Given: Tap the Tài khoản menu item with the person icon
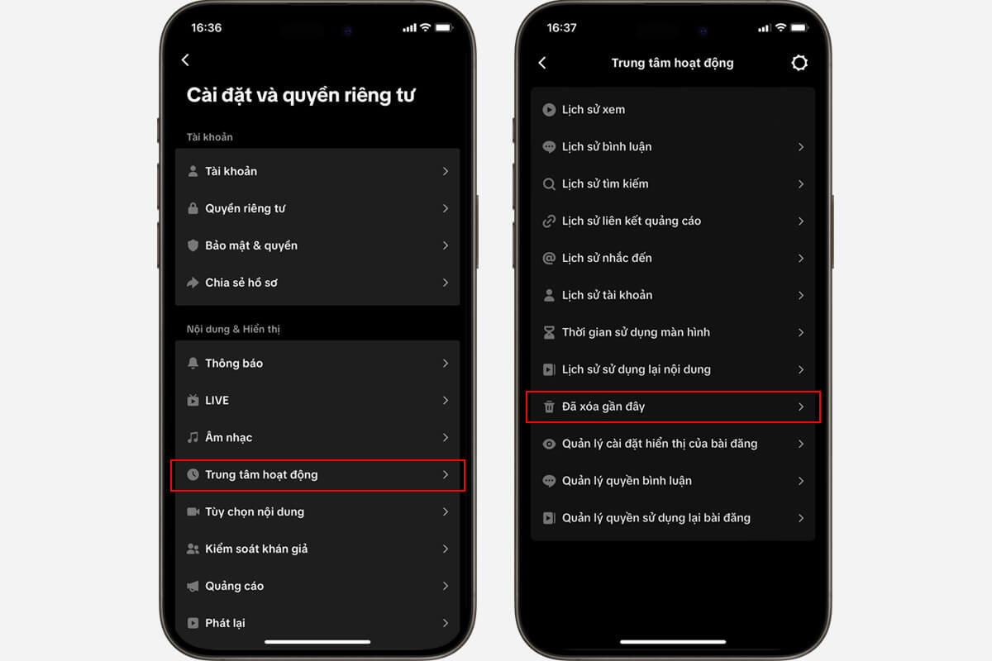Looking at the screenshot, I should point(231,171).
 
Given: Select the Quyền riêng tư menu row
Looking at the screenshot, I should point(245,208).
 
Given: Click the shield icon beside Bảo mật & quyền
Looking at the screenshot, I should point(193,245).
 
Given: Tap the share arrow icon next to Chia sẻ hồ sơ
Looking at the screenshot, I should point(193,283).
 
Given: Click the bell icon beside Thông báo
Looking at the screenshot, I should point(193,364).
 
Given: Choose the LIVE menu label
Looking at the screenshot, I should point(217,401).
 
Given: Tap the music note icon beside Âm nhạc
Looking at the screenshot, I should point(193,437).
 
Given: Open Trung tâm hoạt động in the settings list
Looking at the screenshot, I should point(261,475).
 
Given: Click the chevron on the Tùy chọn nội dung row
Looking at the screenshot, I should point(446,511).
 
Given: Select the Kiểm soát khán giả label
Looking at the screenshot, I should point(256,549).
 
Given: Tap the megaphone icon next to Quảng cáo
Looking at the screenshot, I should point(193,586).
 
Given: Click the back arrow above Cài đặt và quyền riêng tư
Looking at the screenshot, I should point(185,59).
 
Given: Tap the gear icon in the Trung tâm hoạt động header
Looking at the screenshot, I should point(799,63).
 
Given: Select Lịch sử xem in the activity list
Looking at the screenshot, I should point(594,110).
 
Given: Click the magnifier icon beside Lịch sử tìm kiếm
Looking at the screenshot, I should point(548,184).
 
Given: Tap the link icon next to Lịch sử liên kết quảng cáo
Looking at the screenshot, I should point(548,221).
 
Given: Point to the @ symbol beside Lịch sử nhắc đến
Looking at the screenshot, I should point(548,259).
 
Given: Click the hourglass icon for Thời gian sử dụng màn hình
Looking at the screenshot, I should point(548,332).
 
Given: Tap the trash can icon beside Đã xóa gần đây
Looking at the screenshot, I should point(548,407).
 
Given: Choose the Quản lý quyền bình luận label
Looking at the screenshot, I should point(627,481).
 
